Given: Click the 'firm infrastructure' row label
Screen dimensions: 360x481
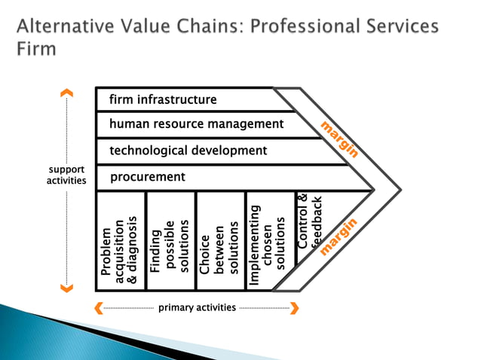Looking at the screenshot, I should (163, 99).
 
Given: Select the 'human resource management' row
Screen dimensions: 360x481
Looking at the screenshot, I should (197, 124).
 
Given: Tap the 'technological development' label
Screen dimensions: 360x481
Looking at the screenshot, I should (188, 151).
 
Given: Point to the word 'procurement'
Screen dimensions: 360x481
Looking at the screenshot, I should (148, 177).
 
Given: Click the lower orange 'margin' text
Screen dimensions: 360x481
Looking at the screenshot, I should (338, 236).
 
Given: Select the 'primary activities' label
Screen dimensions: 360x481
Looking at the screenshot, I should (197, 307).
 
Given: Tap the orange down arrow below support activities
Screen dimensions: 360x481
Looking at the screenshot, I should (67, 286).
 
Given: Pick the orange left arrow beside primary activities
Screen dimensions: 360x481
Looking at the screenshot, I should (98, 307).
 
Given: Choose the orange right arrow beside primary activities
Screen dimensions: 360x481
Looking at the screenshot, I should (295, 307).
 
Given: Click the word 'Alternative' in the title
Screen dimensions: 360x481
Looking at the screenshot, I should (66, 27).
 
